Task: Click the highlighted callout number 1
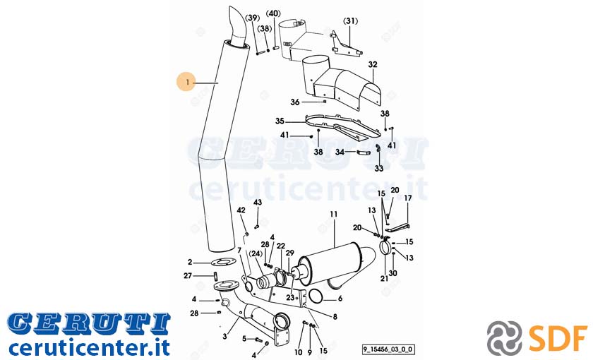point(187,82)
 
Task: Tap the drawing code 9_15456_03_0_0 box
point(388,349)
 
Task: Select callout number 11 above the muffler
point(333,215)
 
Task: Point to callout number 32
point(373,65)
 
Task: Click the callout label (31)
point(350,20)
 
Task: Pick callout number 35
point(280,121)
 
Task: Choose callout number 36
point(295,102)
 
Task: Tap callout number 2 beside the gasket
point(190,262)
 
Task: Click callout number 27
point(188,276)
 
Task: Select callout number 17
point(408,198)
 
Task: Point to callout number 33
point(379,168)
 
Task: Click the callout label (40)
point(273,13)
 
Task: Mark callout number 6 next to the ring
point(340,299)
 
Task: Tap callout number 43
point(258,203)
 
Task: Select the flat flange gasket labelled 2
point(222,262)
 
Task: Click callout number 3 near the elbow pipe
point(225,336)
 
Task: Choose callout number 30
point(393,273)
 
